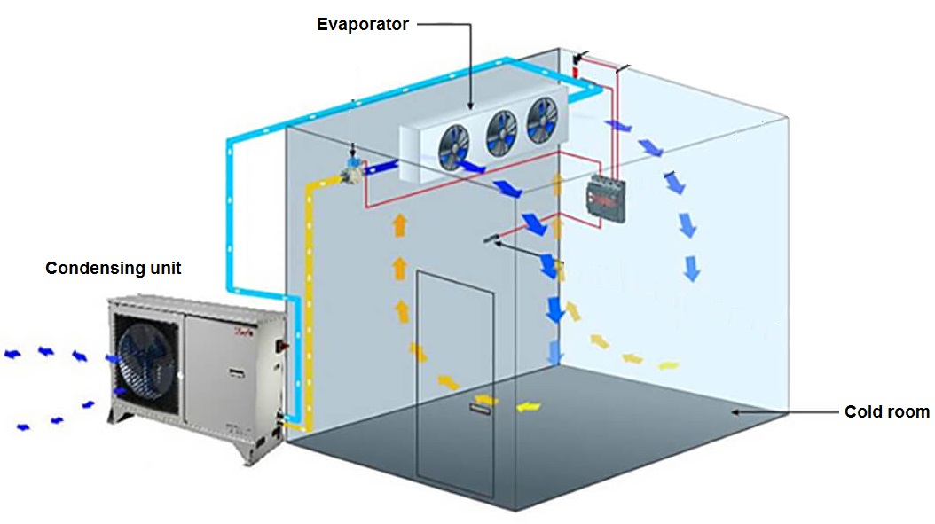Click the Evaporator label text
pyautogui.click(x=363, y=25)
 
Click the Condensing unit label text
pyautogui.click(x=114, y=268)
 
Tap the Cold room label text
pyautogui.click(x=886, y=411)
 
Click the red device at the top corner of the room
pyautogui.click(x=577, y=65)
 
